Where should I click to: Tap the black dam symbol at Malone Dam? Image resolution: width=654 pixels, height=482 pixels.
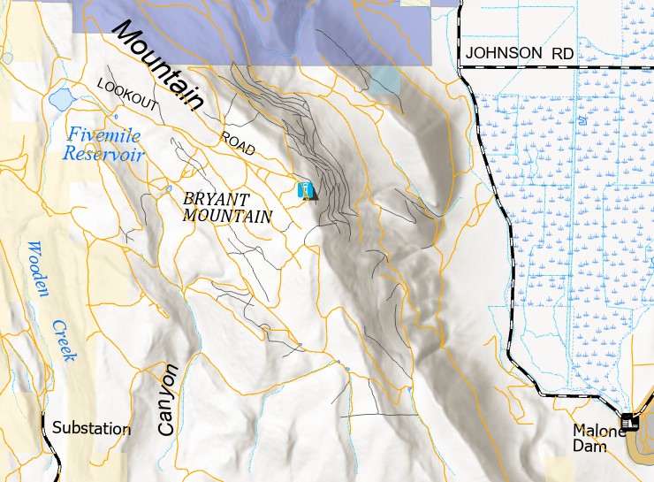pos(630,424)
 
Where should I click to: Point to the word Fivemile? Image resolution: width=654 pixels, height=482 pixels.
pos(104,135)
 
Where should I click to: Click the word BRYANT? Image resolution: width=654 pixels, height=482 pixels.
pos(217,199)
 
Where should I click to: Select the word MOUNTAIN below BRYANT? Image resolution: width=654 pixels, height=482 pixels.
pos(227,215)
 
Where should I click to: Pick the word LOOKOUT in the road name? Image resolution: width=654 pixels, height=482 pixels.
pos(129,95)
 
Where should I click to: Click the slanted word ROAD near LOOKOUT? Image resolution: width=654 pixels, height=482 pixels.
pos(237,144)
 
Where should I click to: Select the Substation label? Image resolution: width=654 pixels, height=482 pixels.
pos(91,429)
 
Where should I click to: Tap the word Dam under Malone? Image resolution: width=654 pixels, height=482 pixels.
pos(596,447)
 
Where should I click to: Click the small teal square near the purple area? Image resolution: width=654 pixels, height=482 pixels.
pos(385,80)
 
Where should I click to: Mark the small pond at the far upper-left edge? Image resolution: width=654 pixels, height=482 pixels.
pos(7,58)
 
